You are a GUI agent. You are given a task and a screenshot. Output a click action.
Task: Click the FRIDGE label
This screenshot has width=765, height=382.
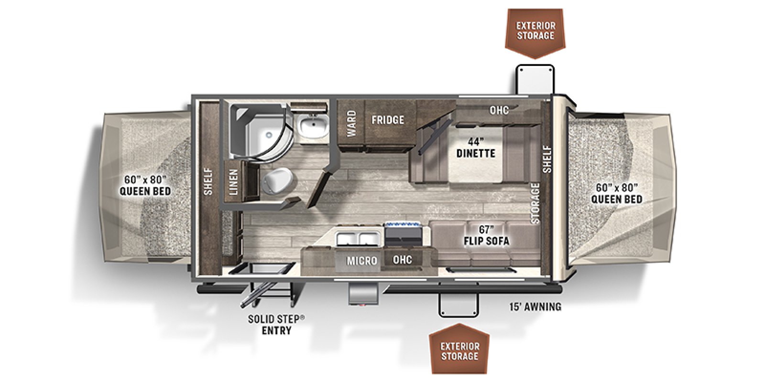click(388, 120)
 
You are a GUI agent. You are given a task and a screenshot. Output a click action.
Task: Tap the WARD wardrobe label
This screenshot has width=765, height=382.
click(351, 123)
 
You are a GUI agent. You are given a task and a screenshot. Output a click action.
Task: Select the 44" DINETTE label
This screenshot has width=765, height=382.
click(476, 148)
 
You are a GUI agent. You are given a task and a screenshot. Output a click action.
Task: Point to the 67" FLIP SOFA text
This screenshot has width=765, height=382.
click(486, 235)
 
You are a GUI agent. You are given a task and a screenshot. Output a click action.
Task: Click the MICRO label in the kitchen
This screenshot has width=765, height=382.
click(362, 261)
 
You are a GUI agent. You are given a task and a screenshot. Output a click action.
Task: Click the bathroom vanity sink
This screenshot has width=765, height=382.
click(313, 127)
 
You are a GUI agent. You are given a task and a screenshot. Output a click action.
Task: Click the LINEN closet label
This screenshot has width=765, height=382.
click(233, 182)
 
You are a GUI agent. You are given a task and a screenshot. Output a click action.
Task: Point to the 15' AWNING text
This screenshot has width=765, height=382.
click(535, 307)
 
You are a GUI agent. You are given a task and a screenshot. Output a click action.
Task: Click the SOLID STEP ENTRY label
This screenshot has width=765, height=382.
click(276, 324)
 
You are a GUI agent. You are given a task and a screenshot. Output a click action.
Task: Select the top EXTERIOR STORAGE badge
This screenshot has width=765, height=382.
click(535, 31)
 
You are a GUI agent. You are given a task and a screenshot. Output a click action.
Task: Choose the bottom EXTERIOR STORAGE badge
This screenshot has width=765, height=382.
click(459, 351)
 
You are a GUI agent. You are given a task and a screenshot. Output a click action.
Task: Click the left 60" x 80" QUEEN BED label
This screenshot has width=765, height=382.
click(145, 185)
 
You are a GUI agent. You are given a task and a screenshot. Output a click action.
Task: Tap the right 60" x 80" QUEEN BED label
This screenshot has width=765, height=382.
click(617, 193)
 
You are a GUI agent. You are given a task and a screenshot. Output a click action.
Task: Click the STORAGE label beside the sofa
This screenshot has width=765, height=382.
click(535, 203)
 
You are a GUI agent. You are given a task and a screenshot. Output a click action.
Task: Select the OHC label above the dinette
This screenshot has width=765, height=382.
click(499, 110)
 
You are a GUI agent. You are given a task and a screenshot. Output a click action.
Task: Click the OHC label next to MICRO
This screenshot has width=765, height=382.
click(402, 259)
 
